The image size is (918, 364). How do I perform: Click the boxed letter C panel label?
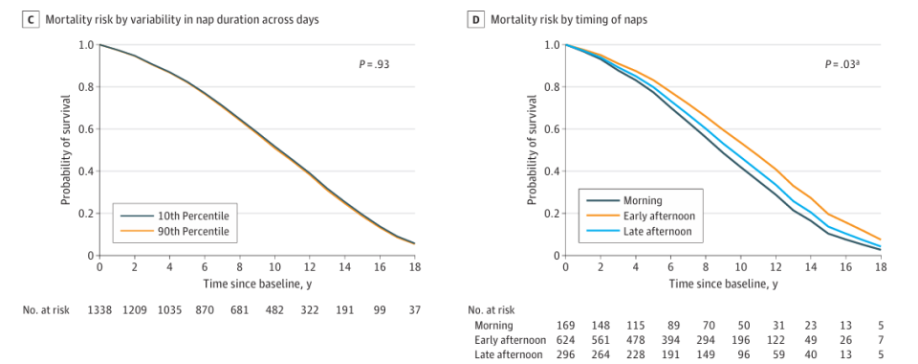pyautogui.click(x=29, y=20)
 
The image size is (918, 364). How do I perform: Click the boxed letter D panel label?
pyautogui.click(x=476, y=20)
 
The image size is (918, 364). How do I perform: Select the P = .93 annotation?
pyautogui.click(x=374, y=64)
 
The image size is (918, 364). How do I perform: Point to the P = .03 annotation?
pyautogui.click(x=842, y=64)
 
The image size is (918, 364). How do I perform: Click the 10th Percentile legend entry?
pyautogui.click(x=176, y=216)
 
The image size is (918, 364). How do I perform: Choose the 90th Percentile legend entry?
pyautogui.click(x=176, y=232)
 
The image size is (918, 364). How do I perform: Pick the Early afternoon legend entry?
pyautogui.click(x=641, y=216)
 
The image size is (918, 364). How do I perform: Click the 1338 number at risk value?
pyautogui.click(x=98, y=310)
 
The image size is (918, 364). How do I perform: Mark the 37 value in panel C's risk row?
pyautogui.click(x=415, y=310)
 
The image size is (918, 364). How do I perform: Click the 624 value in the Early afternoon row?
pyautogui.click(x=566, y=340)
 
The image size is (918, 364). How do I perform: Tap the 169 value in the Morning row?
pyautogui.click(x=566, y=326)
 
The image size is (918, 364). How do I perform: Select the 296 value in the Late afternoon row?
pyautogui.click(x=566, y=354)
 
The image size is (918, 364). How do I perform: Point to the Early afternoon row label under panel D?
pyautogui.click(x=511, y=340)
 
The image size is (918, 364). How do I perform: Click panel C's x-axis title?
pyautogui.click(x=257, y=284)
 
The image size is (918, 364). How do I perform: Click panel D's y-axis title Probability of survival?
pyautogui.click(x=532, y=150)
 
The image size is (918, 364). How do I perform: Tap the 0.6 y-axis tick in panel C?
pyautogui.click(x=85, y=129)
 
